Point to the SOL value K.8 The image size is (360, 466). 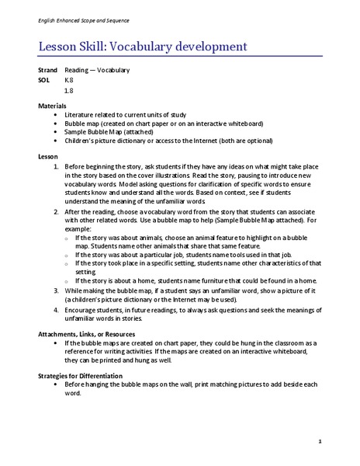coord(69,80)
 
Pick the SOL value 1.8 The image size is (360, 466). coord(69,90)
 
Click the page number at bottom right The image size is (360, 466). coord(320,442)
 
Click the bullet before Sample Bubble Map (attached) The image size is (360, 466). coord(57,132)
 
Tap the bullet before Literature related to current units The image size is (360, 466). coord(57,114)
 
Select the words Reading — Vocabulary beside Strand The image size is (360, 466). coord(97,70)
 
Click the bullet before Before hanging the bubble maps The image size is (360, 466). coord(57,384)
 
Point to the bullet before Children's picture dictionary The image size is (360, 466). coord(57,141)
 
